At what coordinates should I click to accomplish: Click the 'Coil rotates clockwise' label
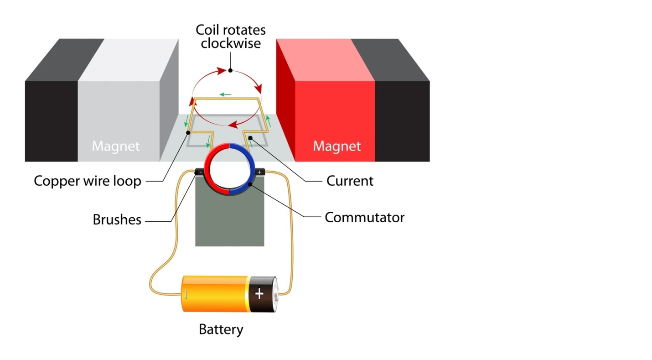(x=230, y=37)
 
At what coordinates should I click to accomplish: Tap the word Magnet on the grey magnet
(x=116, y=146)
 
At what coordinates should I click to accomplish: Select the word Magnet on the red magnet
(x=336, y=146)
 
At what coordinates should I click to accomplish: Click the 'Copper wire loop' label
(x=88, y=181)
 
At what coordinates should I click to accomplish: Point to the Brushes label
(x=117, y=220)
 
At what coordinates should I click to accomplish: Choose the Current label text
(x=350, y=181)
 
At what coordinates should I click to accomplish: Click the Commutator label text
(x=364, y=217)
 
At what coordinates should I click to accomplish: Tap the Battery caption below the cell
(x=221, y=329)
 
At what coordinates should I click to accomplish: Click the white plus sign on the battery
(x=259, y=294)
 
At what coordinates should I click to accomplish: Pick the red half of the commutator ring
(x=211, y=169)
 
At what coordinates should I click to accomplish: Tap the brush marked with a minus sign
(x=199, y=172)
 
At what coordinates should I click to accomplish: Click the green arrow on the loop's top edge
(x=225, y=94)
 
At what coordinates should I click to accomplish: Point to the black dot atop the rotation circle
(x=230, y=70)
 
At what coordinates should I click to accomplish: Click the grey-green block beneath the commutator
(x=229, y=219)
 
